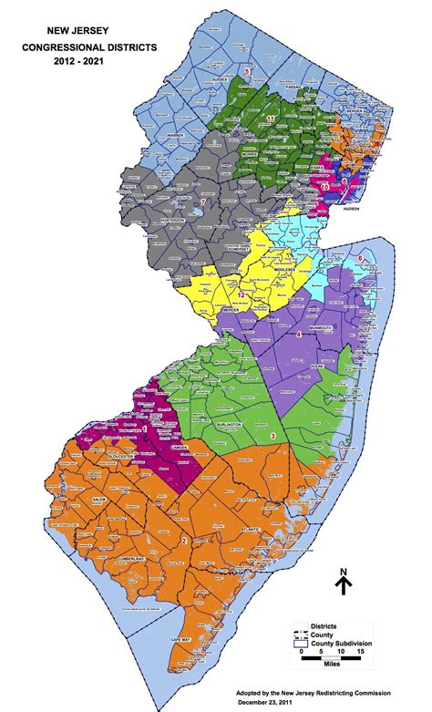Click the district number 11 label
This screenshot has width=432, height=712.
(271, 119)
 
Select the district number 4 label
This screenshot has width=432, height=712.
(300, 335)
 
